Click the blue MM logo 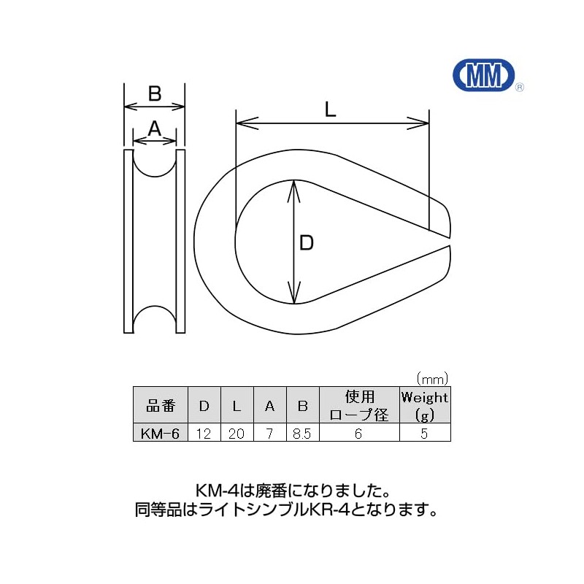click(484, 75)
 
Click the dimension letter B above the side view click(155, 93)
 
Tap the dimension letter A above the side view click(155, 129)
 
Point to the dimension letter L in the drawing click(331, 110)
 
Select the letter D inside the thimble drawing click(307, 243)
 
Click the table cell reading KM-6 click(160, 433)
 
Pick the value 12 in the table click(204, 433)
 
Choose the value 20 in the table click(237, 433)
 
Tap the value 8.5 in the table click(302, 433)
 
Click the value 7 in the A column click(269, 433)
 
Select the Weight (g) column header click(425, 405)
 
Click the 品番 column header click(161, 406)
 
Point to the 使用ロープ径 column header click(359, 405)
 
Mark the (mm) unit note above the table click(432, 379)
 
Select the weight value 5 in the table click(424, 433)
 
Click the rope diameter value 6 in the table click(358, 433)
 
